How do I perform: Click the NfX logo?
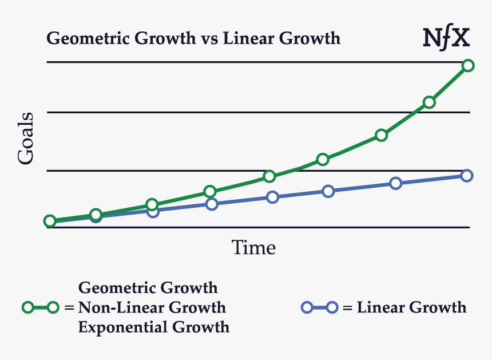446,38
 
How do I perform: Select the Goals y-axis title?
26,139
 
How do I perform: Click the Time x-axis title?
253,248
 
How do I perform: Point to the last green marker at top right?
468,65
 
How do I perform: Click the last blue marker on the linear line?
467,175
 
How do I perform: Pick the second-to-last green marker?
429,102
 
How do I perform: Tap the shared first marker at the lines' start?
50,221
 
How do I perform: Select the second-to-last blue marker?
395,183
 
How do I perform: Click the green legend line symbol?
40,308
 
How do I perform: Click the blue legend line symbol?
319,308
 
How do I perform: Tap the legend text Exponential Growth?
153,327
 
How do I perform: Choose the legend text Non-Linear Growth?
152,308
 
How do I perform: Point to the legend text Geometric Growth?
148,287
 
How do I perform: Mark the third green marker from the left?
152,204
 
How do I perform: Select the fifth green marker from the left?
269,176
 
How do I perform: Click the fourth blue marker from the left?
212,204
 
